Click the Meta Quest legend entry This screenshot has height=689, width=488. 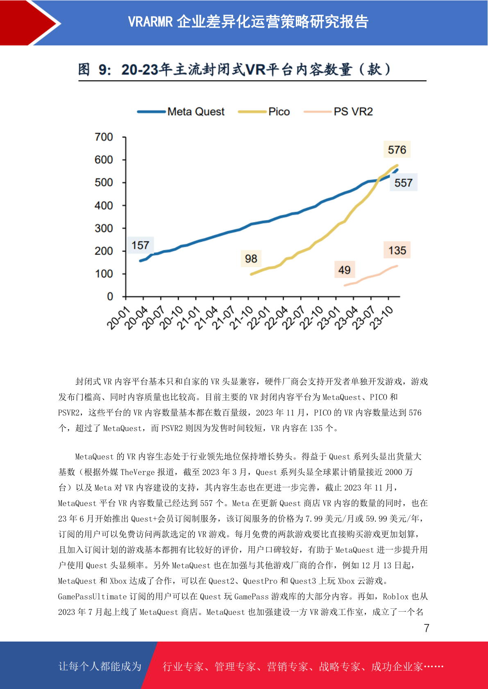[x=181, y=112]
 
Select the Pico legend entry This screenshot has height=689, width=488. [x=264, y=112]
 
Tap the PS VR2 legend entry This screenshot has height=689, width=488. [x=338, y=112]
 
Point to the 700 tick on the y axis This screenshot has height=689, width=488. [x=104, y=137]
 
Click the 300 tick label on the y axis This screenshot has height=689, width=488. [x=104, y=228]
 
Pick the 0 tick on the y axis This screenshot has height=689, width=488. [x=110, y=297]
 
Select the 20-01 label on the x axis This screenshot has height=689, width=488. [x=118, y=319]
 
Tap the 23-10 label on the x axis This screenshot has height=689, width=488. [x=381, y=319]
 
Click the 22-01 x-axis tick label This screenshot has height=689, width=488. [x=259, y=319]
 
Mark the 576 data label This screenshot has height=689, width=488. [x=397, y=150]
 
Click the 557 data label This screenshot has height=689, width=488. [x=403, y=183]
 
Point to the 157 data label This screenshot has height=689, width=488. [x=141, y=245]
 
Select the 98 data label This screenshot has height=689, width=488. [x=251, y=259]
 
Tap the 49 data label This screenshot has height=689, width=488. [x=345, y=270]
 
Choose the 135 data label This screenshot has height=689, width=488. [x=397, y=250]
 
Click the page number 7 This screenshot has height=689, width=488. [x=427, y=628]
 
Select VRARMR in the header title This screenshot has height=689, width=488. [x=150, y=22]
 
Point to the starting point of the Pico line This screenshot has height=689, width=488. [x=252, y=274]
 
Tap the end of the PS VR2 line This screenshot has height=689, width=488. [x=397, y=266]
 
